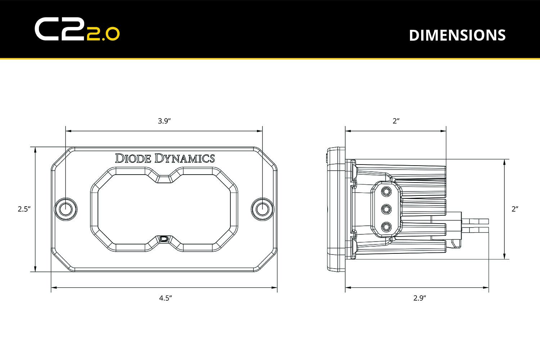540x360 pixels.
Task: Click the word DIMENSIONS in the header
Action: tap(457, 35)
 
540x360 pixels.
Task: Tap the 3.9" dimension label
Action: tap(164, 121)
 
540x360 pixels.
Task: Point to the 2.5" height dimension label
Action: tap(24, 209)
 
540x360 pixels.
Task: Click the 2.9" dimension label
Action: tap(420, 298)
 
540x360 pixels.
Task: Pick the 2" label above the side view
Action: tap(396, 121)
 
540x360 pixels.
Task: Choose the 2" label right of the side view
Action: tap(515, 209)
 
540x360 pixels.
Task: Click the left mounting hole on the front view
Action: tap(65, 209)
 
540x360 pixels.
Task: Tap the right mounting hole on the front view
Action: tap(262, 209)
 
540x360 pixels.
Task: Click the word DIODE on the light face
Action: tap(133, 158)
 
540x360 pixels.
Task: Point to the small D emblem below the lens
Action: tap(164, 239)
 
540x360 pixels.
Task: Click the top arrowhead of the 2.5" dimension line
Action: tap(35, 150)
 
